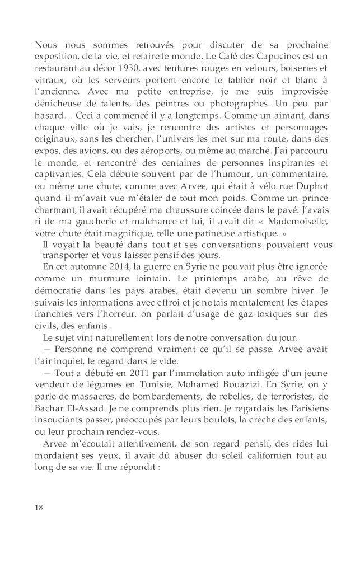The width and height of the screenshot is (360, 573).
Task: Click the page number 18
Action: [39, 507]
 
